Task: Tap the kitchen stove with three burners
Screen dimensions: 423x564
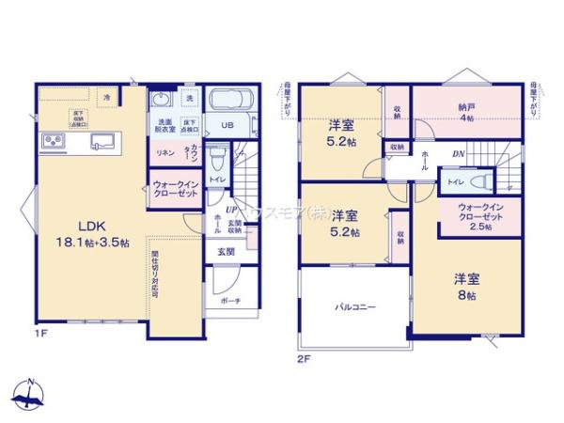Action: tap(51, 143)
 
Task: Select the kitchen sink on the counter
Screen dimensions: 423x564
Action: tap(101, 143)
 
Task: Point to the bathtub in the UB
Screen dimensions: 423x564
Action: tap(229, 102)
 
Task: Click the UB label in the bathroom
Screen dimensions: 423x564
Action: tap(227, 126)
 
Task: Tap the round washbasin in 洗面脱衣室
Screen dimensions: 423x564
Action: tap(158, 100)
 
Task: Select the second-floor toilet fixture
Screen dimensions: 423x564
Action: tap(480, 180)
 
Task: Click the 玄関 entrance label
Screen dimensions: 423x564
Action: tap(227, 252)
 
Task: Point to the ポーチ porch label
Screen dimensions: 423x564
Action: tap(229, 301)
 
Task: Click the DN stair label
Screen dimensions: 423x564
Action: tap(459, 154)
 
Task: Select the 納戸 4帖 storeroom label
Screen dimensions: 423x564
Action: tap(466, 113)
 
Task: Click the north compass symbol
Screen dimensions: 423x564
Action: tap(31, 393)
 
